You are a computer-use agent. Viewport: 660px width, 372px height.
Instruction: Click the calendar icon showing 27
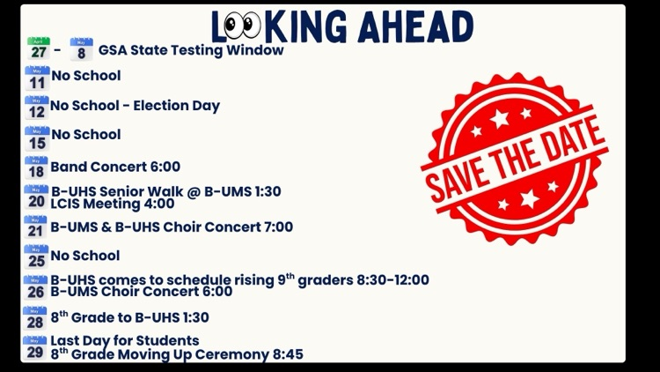(x=38, y=49)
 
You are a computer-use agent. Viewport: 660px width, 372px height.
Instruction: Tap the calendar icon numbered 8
(x=81, y=49)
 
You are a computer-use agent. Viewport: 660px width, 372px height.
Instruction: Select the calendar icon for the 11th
(x=37, y=78)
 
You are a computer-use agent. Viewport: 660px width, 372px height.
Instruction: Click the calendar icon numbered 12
(x=37, y=108)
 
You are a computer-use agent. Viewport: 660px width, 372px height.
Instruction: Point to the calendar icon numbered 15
(x=37, y=138)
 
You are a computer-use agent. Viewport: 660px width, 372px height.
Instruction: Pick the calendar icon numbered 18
(x=36, y=167)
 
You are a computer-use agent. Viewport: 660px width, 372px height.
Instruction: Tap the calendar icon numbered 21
(x=36, y=227)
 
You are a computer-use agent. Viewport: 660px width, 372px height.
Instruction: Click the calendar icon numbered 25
(x=36, y=257)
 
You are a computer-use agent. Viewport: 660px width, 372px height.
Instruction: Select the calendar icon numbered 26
(x=36, y=287)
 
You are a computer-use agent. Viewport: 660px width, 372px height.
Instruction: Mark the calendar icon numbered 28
(x=35, y=318)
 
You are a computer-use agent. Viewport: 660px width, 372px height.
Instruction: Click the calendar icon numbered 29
(x=35, y=348)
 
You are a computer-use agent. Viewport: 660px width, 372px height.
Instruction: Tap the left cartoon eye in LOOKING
(x=231, y=26)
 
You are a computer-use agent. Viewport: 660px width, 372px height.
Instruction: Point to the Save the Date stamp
(x=515, y=160)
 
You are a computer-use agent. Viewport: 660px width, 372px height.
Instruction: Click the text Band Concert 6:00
(x=115, y=167)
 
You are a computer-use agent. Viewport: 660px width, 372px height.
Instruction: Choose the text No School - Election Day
(x=135, y=106)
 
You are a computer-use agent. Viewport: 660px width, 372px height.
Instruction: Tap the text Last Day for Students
(x=125, y=340)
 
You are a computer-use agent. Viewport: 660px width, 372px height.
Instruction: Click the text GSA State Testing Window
(x=191, y=50)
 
